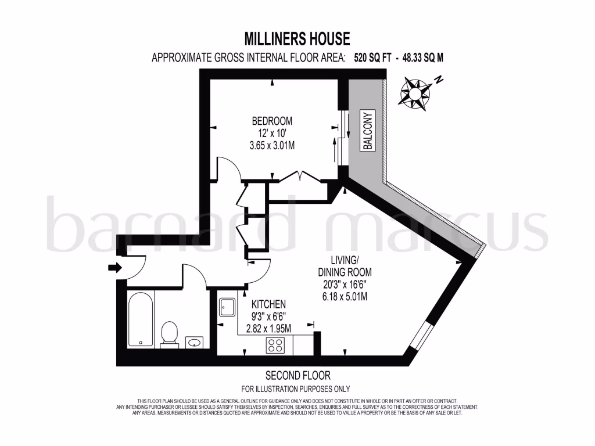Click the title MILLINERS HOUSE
297,39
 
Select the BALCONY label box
367,131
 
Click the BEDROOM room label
272,121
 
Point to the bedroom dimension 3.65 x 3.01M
272,145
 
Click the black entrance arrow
114,268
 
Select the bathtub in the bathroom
141,320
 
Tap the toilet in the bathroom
169,334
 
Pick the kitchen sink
227,307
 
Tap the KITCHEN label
268,304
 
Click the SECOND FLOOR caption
297,376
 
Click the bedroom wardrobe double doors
299,176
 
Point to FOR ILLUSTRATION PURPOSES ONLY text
296,389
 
